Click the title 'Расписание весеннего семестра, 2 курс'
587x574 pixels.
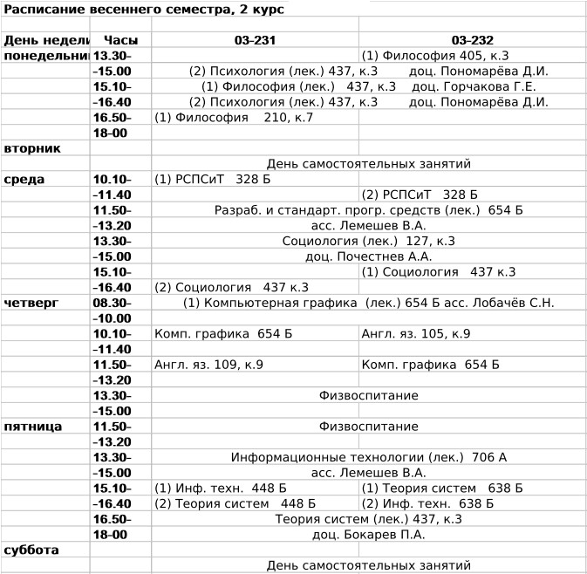pos(143,10)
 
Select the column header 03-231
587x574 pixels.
pos(255,40)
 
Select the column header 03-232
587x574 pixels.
pos(472,40)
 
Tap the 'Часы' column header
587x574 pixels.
pos(120,40)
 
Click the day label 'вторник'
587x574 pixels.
pos(32,148)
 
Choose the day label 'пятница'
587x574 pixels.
pos(32,427)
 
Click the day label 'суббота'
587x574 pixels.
pos(31,550)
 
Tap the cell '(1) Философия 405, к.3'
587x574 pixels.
pos(434,56)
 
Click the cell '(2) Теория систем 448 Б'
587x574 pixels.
pos(235,503)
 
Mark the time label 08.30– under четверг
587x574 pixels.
pos(113,303)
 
